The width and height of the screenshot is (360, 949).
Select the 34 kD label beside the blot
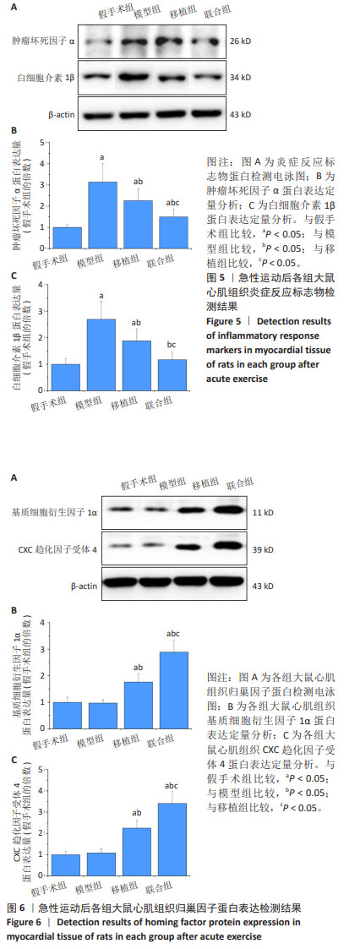click(241, 78)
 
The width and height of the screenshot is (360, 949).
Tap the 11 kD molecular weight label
click(263, 513)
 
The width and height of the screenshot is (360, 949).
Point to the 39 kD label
click(263, 549)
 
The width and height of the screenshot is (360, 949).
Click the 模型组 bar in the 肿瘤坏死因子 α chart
click(103, 215)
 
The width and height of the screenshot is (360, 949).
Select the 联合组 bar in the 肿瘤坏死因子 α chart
click(173, 232)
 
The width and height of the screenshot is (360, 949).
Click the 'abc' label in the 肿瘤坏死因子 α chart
click(173, 204)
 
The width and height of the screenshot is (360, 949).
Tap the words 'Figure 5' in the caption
click(223, 321)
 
